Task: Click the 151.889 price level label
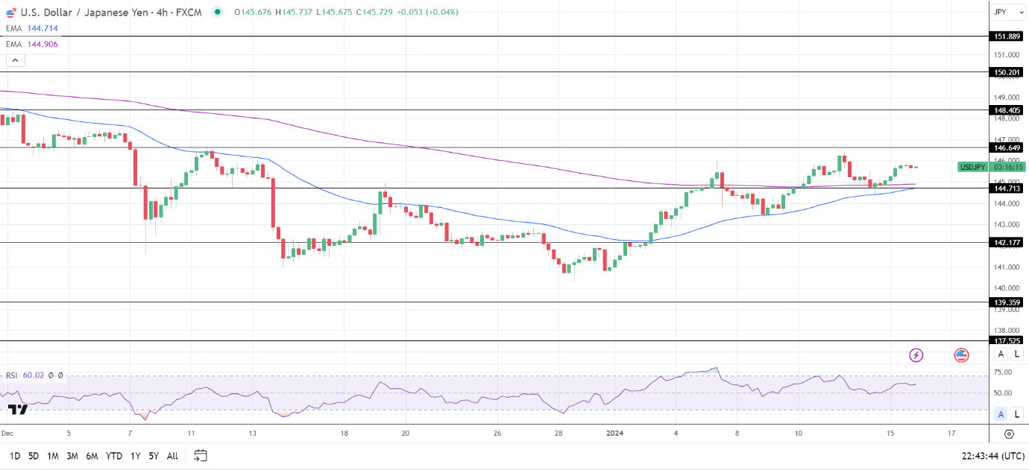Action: click(1007, 36)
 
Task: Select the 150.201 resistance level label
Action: click(1007, 72)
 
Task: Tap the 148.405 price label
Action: click(1007, 110)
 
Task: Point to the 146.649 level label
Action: click(1007, 147)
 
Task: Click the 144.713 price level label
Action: click(1007, 188)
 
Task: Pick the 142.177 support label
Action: click(1007, 242)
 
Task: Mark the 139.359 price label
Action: click(1007, 302)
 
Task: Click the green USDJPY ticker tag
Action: click(973, 167)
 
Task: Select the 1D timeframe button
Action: click(14, 456)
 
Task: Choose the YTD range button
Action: click(113, 456)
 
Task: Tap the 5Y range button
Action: click(153, 456)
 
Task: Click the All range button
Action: click(172, 456)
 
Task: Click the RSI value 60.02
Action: click(34, 375)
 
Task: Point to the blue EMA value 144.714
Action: click(42, 28)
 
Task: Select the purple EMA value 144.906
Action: click(42, 44)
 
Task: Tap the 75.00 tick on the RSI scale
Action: click(1003, 372)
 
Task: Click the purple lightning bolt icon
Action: click(916, 355)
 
